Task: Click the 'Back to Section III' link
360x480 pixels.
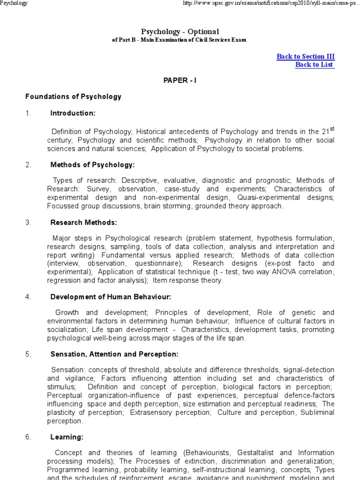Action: tap(306, 57)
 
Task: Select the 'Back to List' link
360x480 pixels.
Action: tap(315, 65)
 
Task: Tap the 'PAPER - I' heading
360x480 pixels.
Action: tap(180, 81)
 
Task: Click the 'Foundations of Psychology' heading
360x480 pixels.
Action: tap(73, 97)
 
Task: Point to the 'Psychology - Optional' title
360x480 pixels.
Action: tap(180, 31)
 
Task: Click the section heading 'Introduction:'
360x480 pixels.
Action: tap(73, 113)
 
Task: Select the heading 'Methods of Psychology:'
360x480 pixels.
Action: tap(92, 165)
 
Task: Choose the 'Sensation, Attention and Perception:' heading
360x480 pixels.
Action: tap(114, 354)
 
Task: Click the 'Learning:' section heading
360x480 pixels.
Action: tap(67, 437)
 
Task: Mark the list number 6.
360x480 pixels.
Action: tap(28, 437)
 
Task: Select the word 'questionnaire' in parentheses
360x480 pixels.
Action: tap(158, 263)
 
